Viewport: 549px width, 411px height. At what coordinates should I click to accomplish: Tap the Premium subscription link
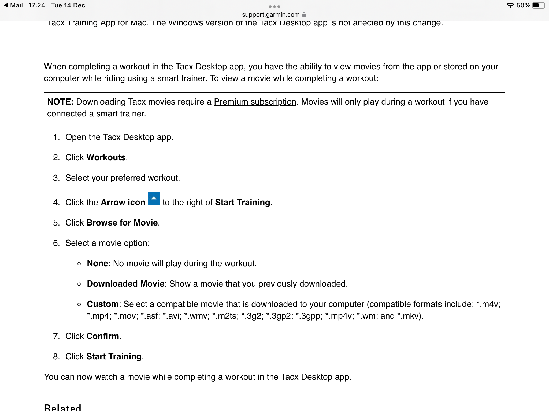(x=255, y=102)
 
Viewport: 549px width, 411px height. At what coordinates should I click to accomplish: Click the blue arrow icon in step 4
(x=154, y=199)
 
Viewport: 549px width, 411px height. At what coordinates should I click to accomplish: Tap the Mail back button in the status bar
(x=13, y=5)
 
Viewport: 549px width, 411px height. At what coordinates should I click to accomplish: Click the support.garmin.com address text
(x=270, y=15)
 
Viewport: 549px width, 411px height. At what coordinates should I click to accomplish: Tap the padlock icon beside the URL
(x=304, y=15)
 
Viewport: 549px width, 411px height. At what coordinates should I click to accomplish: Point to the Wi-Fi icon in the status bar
(x=510, y=5)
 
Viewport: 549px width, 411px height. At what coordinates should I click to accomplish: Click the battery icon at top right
(x=539, y=5)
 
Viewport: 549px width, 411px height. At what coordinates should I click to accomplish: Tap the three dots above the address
(x=274, y=7)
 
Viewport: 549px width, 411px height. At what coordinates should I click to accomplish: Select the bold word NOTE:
(x=60, y=102)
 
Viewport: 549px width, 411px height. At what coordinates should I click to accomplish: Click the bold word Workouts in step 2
(x=106, y=158)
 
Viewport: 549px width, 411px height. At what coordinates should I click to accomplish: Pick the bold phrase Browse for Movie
(x=122, y=223)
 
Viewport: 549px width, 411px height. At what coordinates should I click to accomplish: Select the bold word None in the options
(x=97, y=264)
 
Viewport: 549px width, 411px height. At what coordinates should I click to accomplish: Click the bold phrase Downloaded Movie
(x=125, y=284)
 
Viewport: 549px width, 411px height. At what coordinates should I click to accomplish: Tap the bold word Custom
(x=103, y=304)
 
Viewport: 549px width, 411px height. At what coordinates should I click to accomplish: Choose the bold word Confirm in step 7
(x=103, y=336)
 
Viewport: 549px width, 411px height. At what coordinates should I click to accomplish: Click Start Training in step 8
(x=114, y=357)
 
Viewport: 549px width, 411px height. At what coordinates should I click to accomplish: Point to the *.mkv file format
(x=409, y=316)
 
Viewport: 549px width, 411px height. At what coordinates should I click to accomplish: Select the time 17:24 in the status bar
(x=37, y=5)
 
